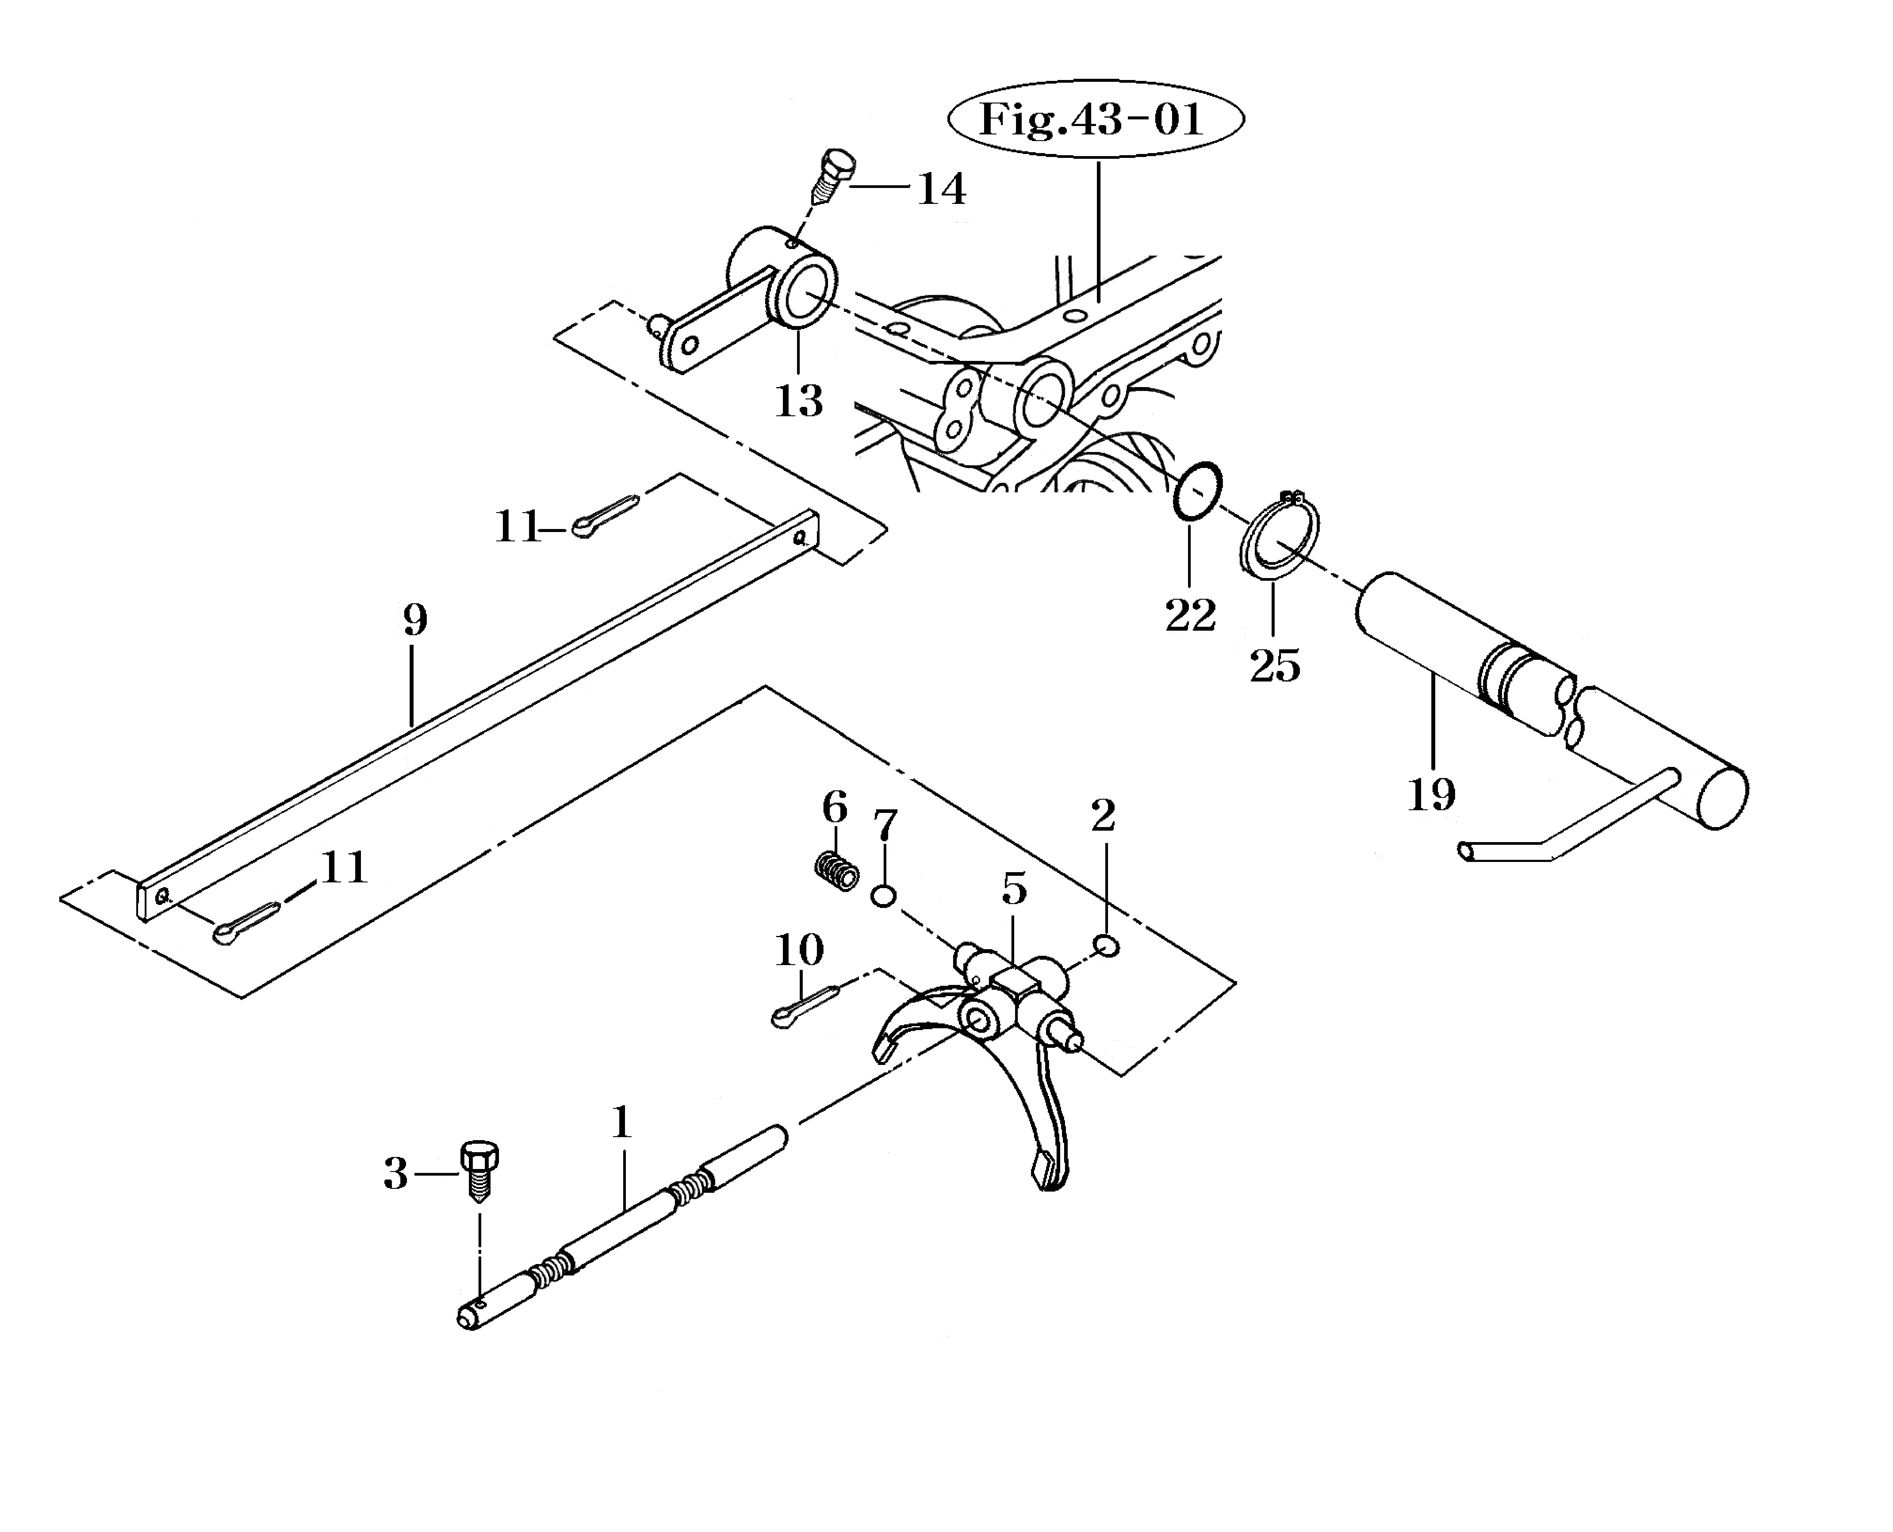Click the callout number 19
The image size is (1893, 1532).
[x=1430, y=795]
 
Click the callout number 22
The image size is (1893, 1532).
[x=1190, y=615]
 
